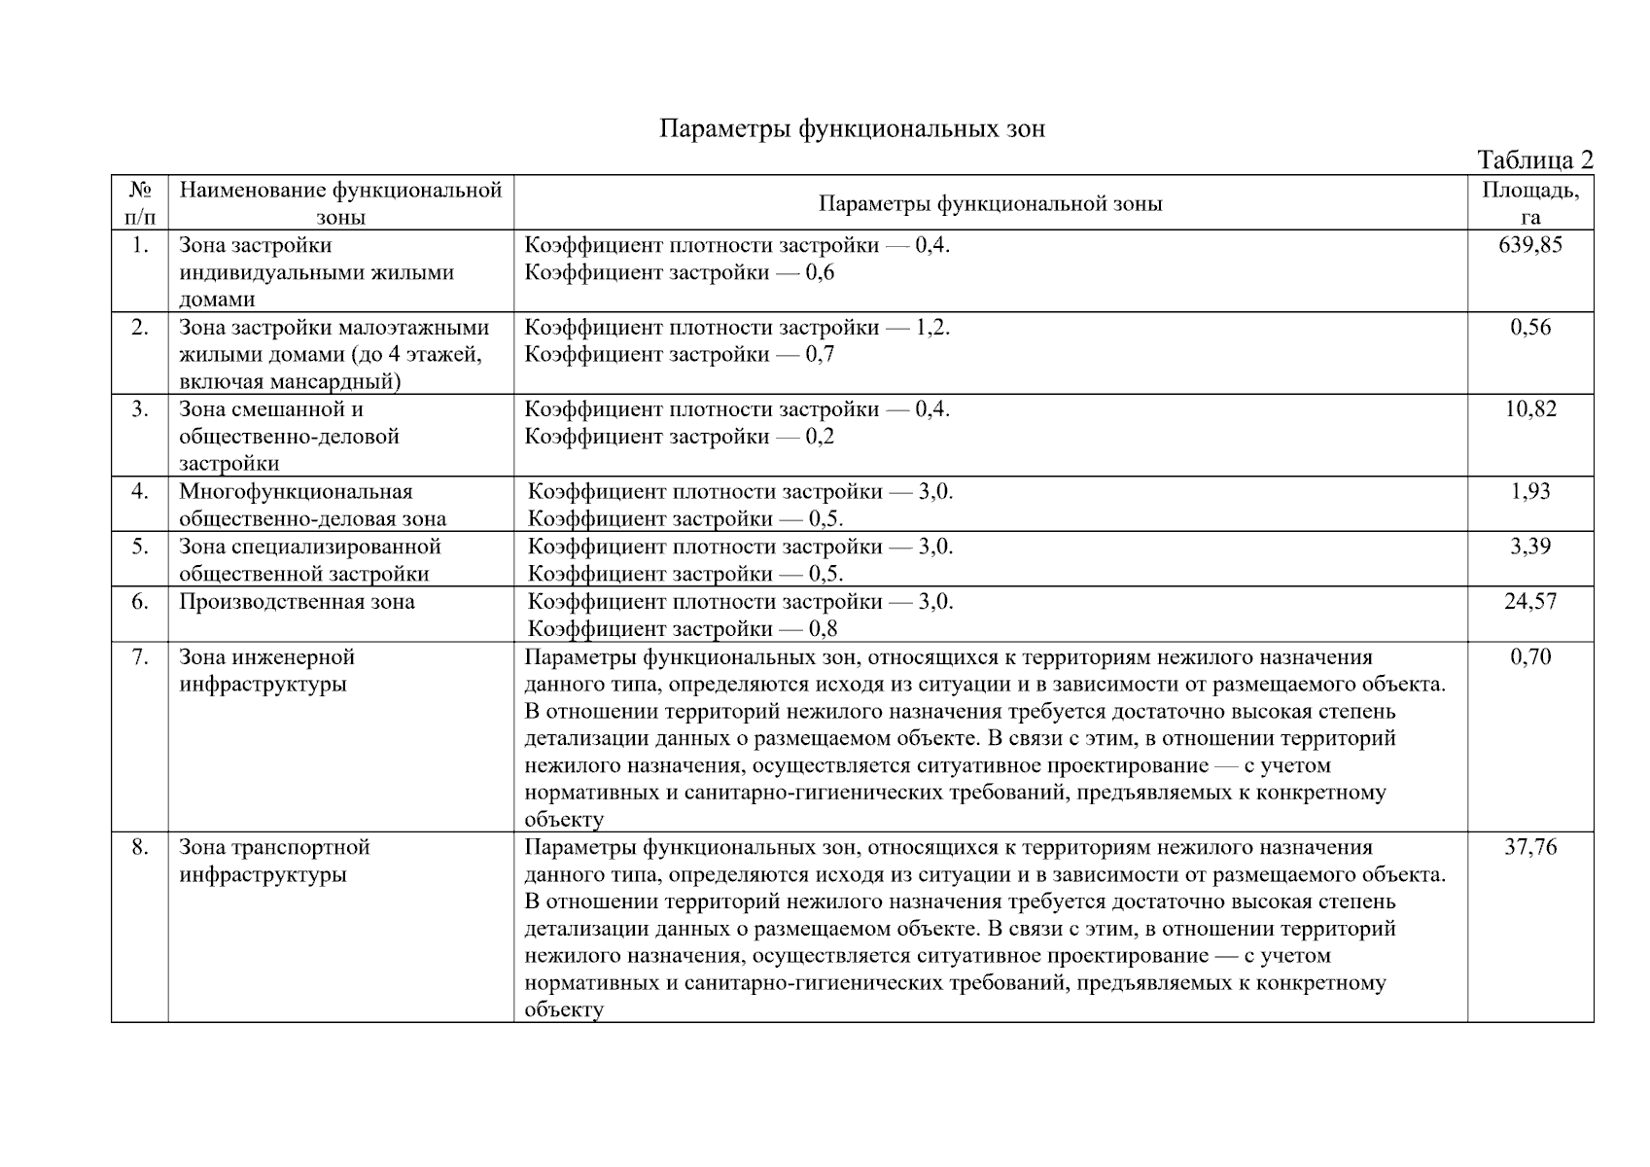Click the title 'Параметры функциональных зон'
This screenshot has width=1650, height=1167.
click(852, 129)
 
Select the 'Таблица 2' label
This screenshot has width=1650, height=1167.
click(1534, 160)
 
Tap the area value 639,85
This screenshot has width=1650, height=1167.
click(1530, 245)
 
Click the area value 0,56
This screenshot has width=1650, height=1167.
click(1530, 328)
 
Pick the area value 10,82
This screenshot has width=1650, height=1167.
click(1530, 409)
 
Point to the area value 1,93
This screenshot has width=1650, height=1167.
click(1530, 492)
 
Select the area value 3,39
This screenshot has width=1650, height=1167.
click(1530, 547)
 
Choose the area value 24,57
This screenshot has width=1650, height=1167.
click(1530, 602)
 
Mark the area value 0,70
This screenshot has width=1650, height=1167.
click(1530, 657)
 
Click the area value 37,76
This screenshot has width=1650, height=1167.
click(1530, 848)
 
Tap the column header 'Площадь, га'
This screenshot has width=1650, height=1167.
click(1530, 203)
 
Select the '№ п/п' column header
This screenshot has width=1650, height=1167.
click(140, 203)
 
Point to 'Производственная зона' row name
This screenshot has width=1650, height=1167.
click(297, 602)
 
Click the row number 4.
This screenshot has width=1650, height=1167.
click(140, 492)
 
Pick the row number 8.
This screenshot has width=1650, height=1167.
click(140, 848)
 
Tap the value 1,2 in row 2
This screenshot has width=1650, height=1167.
click(930, 328)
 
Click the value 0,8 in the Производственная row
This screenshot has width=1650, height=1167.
click(823, 629)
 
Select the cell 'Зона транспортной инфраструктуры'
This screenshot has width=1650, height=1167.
click(274, 861)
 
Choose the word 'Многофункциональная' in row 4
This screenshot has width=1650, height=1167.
click(296, 492)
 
